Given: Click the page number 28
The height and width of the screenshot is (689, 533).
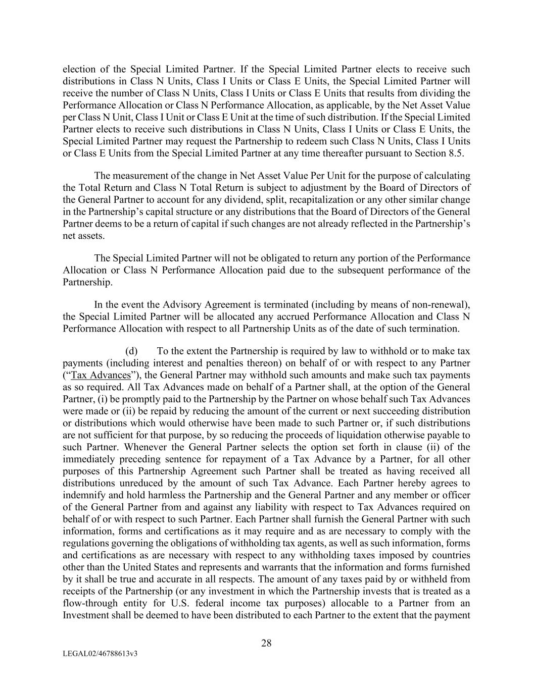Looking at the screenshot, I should pyautogui.click(x=266, y=643).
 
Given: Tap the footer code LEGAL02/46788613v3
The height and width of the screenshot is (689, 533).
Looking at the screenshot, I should pyautogui.click(x=101, y=654).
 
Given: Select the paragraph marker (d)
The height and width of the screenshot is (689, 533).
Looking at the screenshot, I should pyautogui.click(x=131, y=351).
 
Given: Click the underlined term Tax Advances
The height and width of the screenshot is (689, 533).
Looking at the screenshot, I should pyautogui.click(x=101, y=375).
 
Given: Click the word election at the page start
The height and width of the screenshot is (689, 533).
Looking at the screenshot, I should pyautogui.click(x=78, y=69).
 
